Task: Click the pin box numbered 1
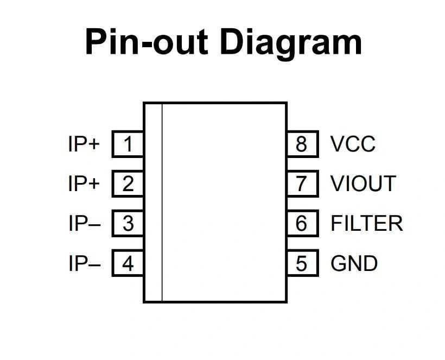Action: tap(128, 144)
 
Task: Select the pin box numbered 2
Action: tap(128, 184)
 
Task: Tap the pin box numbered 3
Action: tap(128, 223)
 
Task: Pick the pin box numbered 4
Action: tap(128, 263)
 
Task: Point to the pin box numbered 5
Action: tap(302, 263)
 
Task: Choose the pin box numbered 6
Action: tap(302, 223)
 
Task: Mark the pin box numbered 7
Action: tap(302, 184)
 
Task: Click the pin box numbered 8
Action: tap(302, 144)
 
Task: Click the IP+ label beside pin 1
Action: tap(84, 144)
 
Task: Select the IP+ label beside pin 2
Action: tap(84, 184)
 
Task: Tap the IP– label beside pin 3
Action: tap(84, 223)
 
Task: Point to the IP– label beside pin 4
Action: tap(84, 263)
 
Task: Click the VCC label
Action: tap(353, 144)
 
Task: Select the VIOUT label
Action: tap(363, 184)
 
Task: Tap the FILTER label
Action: tap(367, 223)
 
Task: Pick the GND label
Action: tap(354, 263)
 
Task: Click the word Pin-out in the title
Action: tap(147, 42)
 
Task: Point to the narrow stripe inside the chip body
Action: tap(153, 202)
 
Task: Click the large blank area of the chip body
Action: tap(224, 202)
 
